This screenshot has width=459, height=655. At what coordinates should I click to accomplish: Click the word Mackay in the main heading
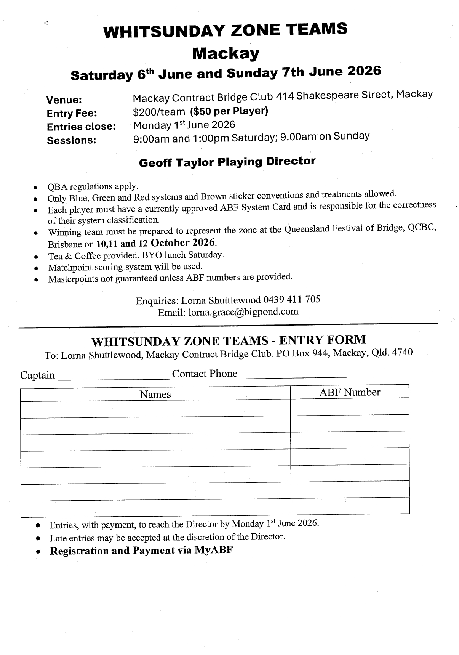click(x=226, y=53)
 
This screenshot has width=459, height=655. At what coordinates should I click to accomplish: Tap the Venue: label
click(x=64, y=100)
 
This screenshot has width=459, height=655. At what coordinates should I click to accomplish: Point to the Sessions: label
click(x=71, y=140)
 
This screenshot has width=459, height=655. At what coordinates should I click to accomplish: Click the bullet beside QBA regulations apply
click(x=35, y=188)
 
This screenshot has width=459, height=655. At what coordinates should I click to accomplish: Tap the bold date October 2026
click(x=184, y=242)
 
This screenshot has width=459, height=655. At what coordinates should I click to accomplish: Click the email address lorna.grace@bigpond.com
click(x=243, y=312)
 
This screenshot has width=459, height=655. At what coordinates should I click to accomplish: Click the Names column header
click(x=155, y=394)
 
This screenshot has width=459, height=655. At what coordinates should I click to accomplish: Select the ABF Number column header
click(x=350, y=392)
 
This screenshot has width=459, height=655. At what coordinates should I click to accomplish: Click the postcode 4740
click(x=402, y=352)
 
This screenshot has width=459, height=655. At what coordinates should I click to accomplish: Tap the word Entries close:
click(x=81, y=127)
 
